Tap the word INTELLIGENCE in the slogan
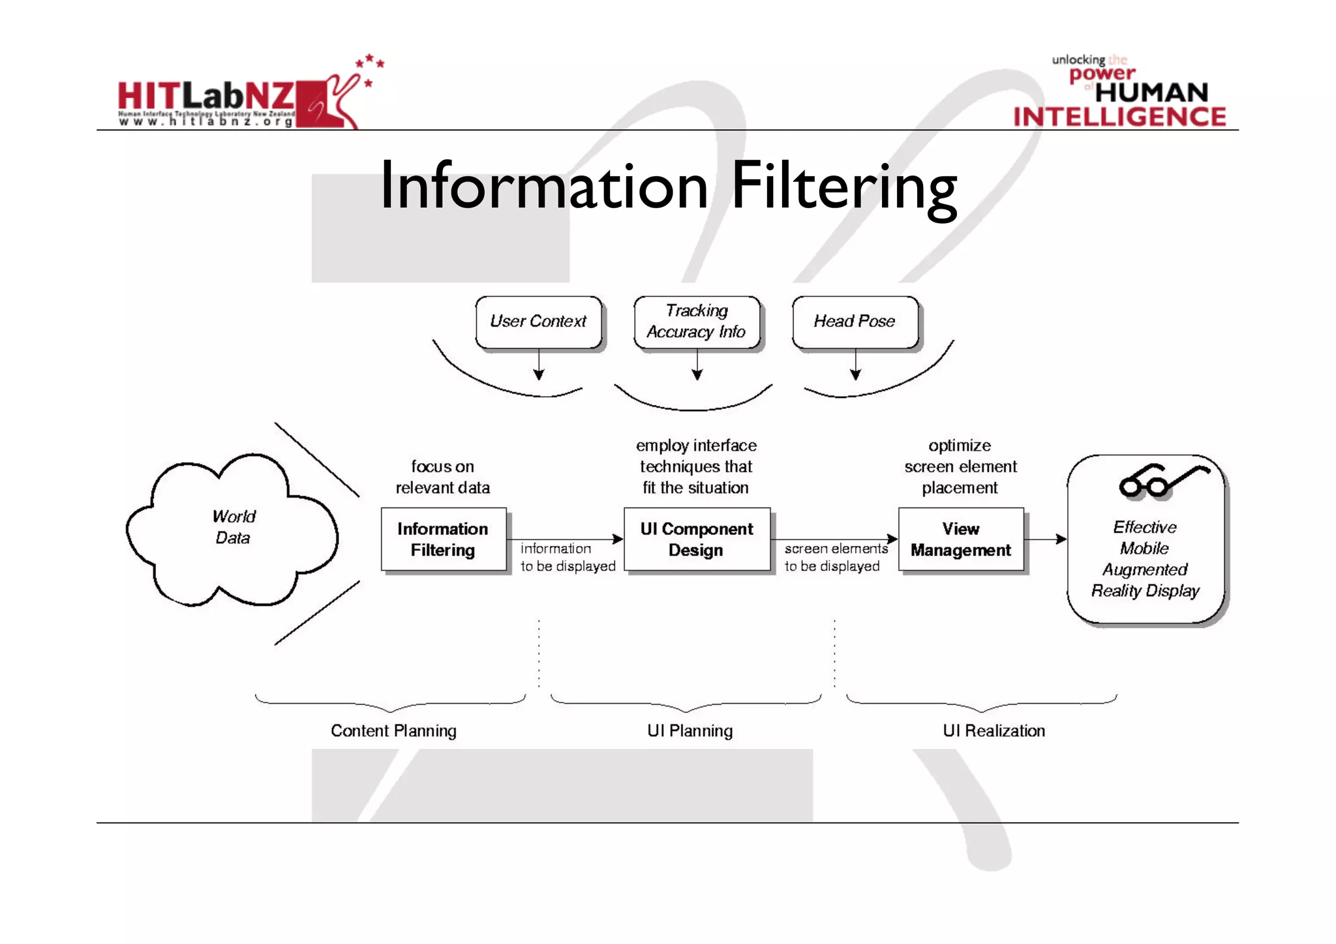click(1119, 117)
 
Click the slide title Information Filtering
click(668, 187)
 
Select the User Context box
click(538, 322)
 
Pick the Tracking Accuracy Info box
click(697, 322)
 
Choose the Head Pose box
click(855, 322)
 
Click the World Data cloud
click(233, 528)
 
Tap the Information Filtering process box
click(443, 540)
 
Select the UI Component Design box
click(697, 540)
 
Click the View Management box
click(961, 540)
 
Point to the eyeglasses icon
click(1162, 481)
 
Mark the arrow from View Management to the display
click(1046, 540)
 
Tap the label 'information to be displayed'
click(567, 558)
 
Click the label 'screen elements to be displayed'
click(834, 558)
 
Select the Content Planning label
click(393, 731)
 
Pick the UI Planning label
click(690, 731)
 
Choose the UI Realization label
click(994, 731)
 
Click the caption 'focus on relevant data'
click(442, 477)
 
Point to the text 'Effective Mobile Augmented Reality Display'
click(1146, 559)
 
